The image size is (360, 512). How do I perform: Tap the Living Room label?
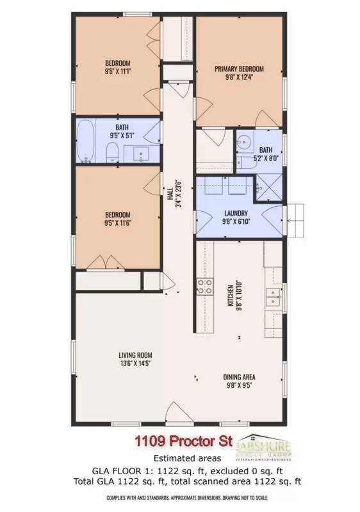[135, 355]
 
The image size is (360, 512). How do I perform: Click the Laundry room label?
[236, 213]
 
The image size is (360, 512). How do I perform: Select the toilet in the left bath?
[111, 152]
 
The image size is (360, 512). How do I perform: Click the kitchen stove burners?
[206, 287]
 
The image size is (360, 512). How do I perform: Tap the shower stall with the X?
[270, 188]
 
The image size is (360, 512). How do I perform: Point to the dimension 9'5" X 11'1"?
[118, 72]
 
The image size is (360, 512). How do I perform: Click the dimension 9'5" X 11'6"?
[118, 223]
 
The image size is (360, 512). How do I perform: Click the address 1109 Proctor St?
[182, 441]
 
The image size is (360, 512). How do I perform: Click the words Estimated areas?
[179, 458]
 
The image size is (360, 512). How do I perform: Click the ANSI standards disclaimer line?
[179, 497]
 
